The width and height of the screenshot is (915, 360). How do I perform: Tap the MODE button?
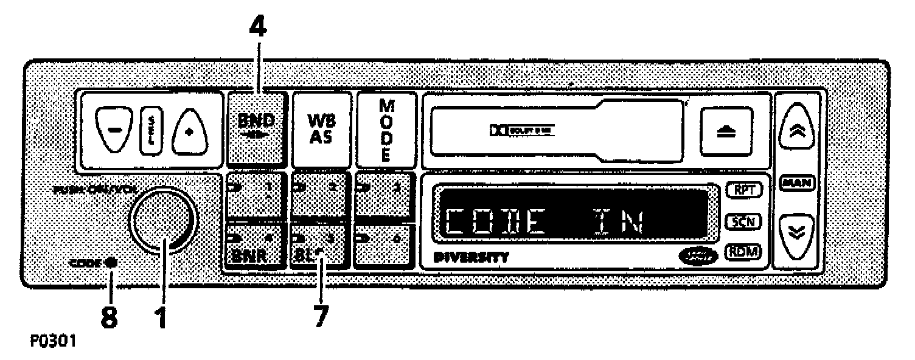pyautogui.click(x=386, y=129)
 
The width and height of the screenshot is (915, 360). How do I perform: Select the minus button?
pyautogui.click(x=115, y=131)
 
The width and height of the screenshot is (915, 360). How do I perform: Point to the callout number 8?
pyautogui.click(x=110, y=316)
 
